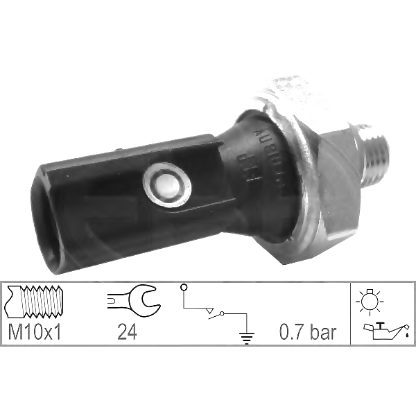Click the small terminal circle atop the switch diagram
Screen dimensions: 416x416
(183, 286)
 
